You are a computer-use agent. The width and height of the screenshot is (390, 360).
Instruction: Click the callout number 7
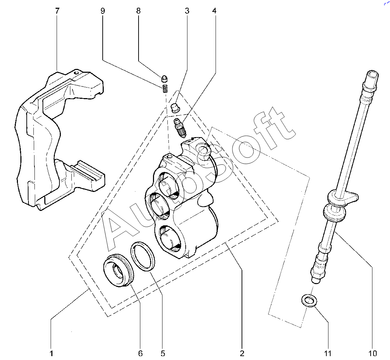point(57,11)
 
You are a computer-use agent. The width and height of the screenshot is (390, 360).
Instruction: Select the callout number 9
point(103,11)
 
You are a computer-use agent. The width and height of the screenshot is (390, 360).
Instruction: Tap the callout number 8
point(138,11)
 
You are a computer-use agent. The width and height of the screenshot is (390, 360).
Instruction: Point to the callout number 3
point(187,11)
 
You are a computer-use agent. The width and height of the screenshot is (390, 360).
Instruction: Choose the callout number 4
point(214,11)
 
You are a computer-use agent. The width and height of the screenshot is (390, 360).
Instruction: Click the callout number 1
point(51,353)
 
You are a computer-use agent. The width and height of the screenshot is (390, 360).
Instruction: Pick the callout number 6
point(140,353)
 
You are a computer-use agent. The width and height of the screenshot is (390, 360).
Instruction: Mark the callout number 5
point(163,353)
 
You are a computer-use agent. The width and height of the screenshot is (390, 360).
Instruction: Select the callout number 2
point(242,353)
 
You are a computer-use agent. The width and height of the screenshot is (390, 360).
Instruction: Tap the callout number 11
point(328,353)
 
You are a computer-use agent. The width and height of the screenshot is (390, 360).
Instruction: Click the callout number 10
point(373,353)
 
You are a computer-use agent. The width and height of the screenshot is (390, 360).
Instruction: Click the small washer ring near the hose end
point(308,301)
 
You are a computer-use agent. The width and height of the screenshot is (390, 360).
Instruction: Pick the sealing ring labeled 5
point(143,256)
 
